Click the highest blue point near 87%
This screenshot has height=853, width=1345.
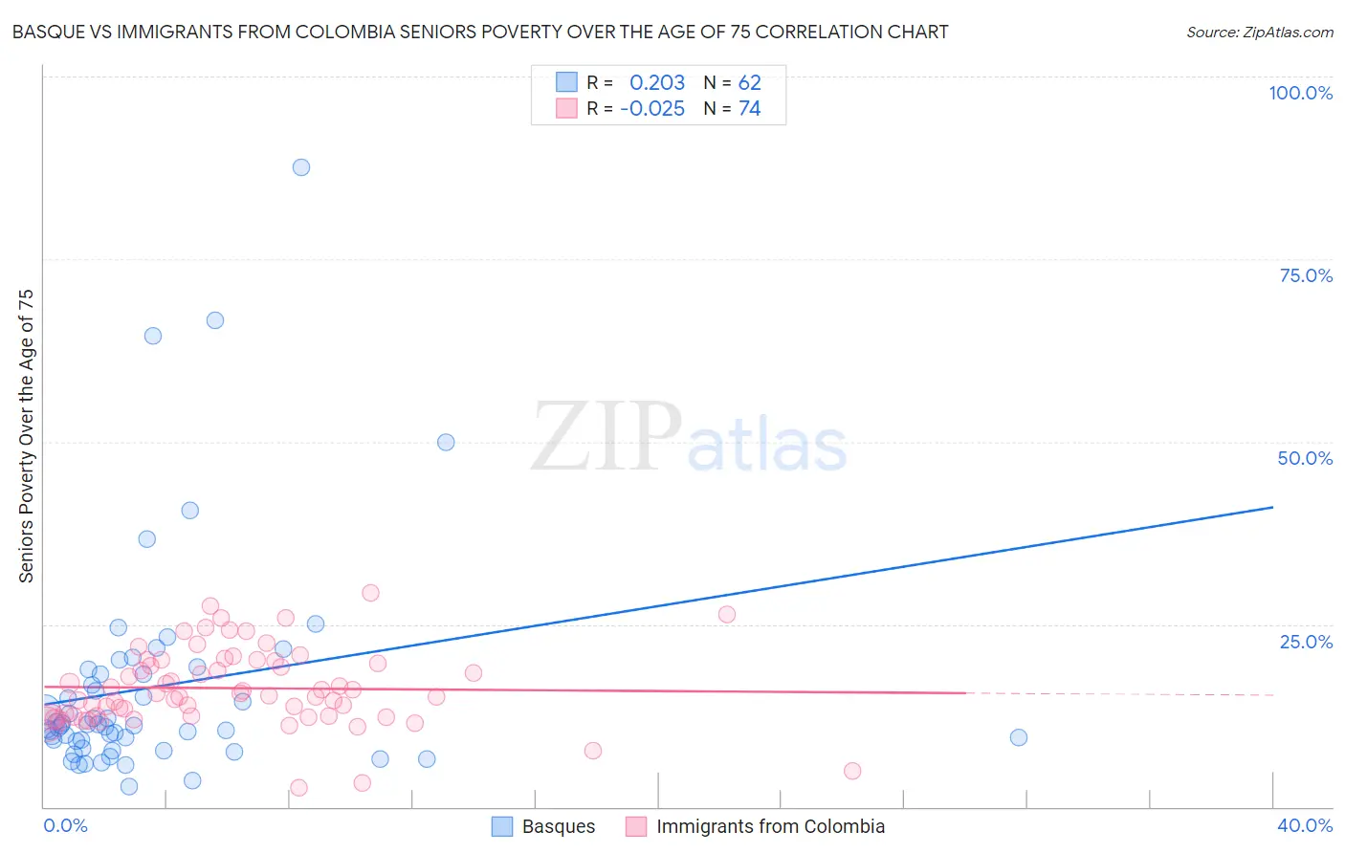(301, 167)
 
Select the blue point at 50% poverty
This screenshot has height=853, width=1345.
(446, 442)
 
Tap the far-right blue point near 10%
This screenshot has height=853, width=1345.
(1019, 737)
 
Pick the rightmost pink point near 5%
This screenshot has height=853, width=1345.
(852, 771)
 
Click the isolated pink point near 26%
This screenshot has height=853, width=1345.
(727, 615)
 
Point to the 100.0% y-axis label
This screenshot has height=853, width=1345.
(1300, 93)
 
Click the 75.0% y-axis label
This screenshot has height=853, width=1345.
(1306, 275)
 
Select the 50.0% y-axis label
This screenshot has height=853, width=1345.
(1305, 458)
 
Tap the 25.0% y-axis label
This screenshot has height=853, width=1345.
(1306, 641)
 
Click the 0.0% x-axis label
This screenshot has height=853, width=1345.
(65, 825)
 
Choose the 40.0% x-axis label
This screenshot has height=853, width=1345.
(1305, 825)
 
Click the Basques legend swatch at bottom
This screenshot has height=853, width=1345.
(502, 826)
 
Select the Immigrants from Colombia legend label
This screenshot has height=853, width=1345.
(770, 826)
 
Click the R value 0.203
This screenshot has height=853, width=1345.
(657, 82)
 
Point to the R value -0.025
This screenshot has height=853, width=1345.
(652, 109)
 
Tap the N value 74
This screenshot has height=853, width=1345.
(749, 109)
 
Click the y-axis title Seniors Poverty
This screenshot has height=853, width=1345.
(26, 436)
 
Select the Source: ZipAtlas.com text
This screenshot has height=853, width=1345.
(1259, 32)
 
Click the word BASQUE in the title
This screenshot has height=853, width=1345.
(47, 32)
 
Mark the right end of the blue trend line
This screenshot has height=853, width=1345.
(1273, 507)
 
